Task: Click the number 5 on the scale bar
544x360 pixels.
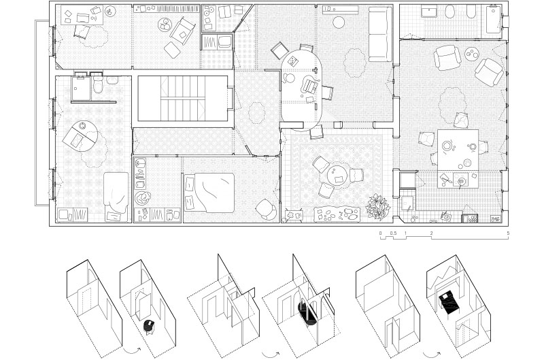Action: [x=508, y=233]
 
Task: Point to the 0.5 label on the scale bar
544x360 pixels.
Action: [x=393, y=233]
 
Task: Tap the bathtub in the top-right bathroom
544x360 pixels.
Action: [x=494, y=20]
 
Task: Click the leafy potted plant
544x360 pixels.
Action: [x=378, y=207]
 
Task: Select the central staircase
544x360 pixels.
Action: [x=183, y=99]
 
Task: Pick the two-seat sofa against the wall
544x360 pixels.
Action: [x=381, y=34]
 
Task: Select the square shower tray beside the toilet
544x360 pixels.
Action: [x=81, y=88]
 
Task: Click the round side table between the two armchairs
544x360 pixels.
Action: [x=472, y=54]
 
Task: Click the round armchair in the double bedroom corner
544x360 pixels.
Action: [x=267, y=209]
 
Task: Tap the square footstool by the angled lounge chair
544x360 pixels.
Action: [x=172, y=50]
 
